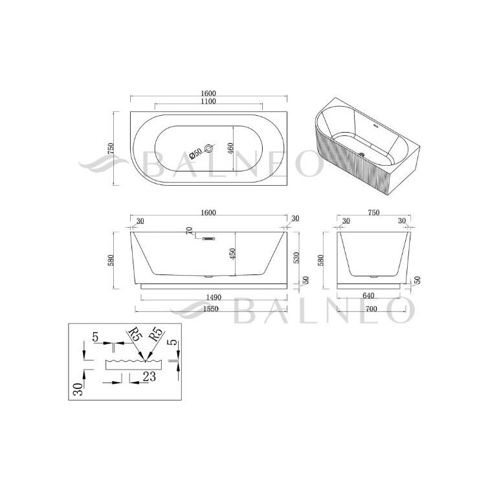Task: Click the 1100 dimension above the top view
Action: (x=208, y=101)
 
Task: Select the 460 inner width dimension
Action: (x=230, y=149)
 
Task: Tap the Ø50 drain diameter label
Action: (x=195, y=154)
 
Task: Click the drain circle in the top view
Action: (x=208, y=148)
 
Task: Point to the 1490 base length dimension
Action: (x=214, y=297)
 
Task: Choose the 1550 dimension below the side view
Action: (x=211, y=309)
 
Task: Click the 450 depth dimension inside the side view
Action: (x=232, y=254)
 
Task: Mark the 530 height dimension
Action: (x=296, y=258)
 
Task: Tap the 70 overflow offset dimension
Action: (x=189, y=230)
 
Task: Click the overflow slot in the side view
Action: (x=208, y=239)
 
